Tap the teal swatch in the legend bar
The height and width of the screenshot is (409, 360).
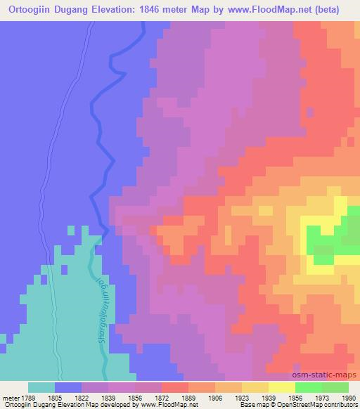click(41, 387)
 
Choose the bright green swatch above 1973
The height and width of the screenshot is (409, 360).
click(308, 387)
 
